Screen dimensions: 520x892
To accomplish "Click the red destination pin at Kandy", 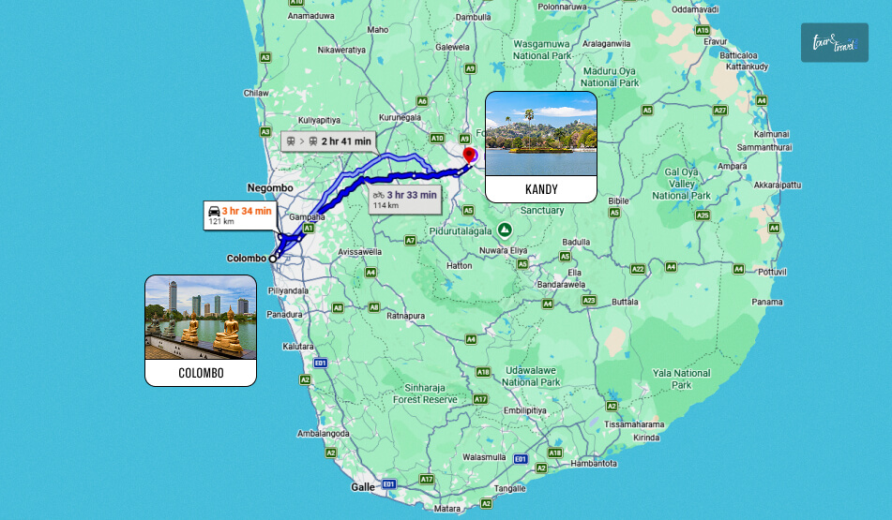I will click(470, 155).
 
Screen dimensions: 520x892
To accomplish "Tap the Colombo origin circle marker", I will click(273, 258).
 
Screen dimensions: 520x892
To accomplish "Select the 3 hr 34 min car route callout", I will click(239, 215).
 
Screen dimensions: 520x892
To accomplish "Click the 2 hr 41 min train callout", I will click(328, 141).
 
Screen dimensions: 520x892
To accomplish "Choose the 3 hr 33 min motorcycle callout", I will click(404, 199).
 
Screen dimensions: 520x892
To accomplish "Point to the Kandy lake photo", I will click(540, 133).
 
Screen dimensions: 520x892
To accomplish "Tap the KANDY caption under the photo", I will click(541, 189).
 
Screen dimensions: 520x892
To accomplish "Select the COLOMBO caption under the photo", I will click(201, 373).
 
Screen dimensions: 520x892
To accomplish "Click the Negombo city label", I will click(270, 187).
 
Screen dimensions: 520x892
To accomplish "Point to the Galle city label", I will click(362, 487).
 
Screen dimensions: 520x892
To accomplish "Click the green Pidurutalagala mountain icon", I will click(505, 230).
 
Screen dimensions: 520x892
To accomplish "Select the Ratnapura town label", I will click(407, 316).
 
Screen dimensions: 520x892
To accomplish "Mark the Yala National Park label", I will click(681, 379).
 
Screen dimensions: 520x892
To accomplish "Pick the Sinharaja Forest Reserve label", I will click(425, 394).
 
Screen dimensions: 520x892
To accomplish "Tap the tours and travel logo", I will click(834, 43).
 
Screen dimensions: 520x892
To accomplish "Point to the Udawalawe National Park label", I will click(531, 377).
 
